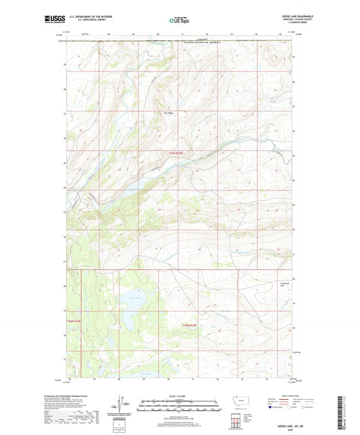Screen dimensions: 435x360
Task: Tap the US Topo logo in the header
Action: tap(180, 21)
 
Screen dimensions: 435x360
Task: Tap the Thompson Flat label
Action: tap(284, 284)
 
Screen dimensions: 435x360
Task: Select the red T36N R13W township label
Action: tap(190, 326)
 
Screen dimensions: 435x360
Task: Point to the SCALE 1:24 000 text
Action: tap(180, 396)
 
